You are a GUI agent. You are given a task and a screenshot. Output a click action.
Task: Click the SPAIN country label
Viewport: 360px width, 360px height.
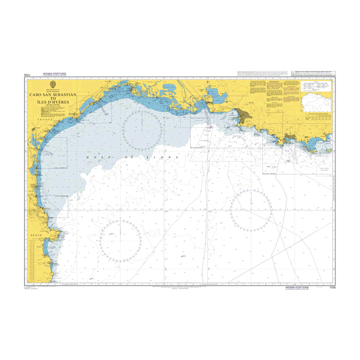(x=36, y=235)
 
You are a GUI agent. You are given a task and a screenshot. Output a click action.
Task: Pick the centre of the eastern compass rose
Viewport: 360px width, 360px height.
(x=251, y=210)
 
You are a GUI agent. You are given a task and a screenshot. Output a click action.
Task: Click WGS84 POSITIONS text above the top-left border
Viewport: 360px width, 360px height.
(x=54, y=74)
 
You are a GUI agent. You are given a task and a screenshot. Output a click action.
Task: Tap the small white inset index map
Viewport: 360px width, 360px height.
(x=314, y=107)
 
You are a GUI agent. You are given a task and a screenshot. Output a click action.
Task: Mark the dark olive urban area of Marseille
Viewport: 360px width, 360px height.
(x=244, y=115)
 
